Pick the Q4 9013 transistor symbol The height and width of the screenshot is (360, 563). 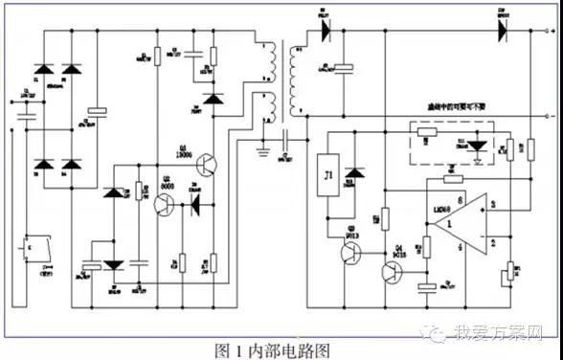click(x=392, y=271)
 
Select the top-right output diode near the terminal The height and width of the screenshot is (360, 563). click(x=500, y=30)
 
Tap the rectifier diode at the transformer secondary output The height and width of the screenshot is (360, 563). click(x=324, y=30)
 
